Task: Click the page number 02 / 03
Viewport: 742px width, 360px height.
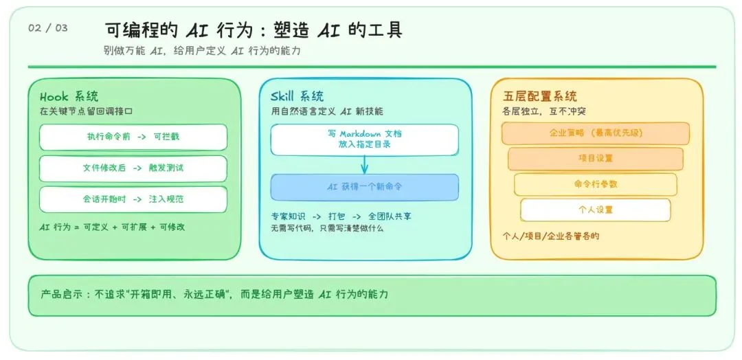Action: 48,28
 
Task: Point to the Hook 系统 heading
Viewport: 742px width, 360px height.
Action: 69,96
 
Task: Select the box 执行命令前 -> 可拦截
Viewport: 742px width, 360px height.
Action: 133,137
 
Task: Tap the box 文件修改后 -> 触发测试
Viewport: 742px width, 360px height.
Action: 133,168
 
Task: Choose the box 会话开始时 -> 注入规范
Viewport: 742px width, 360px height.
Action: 133,199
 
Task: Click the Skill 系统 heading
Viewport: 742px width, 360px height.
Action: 297,96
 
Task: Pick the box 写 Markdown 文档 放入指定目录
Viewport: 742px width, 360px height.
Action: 364,139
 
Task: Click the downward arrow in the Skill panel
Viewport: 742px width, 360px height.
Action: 364,165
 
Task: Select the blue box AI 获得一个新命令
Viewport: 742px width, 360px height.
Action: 364,187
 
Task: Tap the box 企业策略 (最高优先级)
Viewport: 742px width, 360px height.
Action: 595,133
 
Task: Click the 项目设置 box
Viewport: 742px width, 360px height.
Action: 595,158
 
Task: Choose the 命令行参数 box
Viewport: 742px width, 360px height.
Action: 595,184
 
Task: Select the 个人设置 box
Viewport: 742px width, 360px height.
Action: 595,210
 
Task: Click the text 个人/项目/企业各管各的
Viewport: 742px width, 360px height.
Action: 550,236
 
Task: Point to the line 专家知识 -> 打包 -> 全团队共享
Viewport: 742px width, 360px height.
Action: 341,216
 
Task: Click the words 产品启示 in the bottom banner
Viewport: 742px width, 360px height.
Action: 60,294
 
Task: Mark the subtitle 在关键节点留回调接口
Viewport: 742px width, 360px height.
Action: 85,111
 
